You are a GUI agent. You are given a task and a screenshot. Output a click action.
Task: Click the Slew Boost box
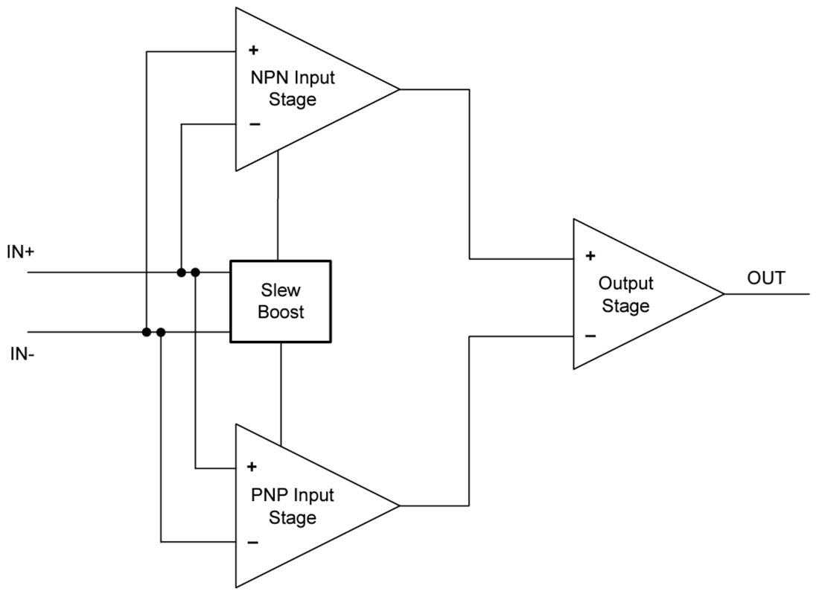coord(280,301)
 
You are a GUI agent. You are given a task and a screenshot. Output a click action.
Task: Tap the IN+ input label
coord(21,252)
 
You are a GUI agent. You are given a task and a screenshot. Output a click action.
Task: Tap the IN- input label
coord(21,353)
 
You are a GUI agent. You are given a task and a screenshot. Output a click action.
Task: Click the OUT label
coord(766,278)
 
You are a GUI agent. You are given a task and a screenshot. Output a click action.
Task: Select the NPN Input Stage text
coord(293,89)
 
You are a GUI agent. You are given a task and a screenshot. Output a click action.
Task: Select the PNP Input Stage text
coord(293,506)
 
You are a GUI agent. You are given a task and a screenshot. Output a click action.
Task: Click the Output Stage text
coord(625,295)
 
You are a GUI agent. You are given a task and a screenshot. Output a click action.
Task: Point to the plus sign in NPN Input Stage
coord(253,51)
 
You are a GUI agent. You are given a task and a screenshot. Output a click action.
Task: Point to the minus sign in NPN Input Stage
coord(255,124)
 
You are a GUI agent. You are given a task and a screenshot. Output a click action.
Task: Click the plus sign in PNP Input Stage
coord(252,467)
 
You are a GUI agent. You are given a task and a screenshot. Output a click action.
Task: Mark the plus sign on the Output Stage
coord(590,256)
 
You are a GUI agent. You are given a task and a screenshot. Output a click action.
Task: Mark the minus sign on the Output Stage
coord(590,336)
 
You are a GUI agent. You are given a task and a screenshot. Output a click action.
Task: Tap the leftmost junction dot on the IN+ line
coord(181,272)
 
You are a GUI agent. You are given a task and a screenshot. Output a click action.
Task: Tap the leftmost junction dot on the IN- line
coord(147,332)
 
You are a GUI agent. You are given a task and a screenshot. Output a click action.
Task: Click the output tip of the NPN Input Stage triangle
coord(398,89)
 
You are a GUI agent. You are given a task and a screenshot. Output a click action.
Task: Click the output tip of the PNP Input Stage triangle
coord(398,506)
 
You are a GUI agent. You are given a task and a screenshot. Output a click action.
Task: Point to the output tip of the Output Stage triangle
coord(722,294)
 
